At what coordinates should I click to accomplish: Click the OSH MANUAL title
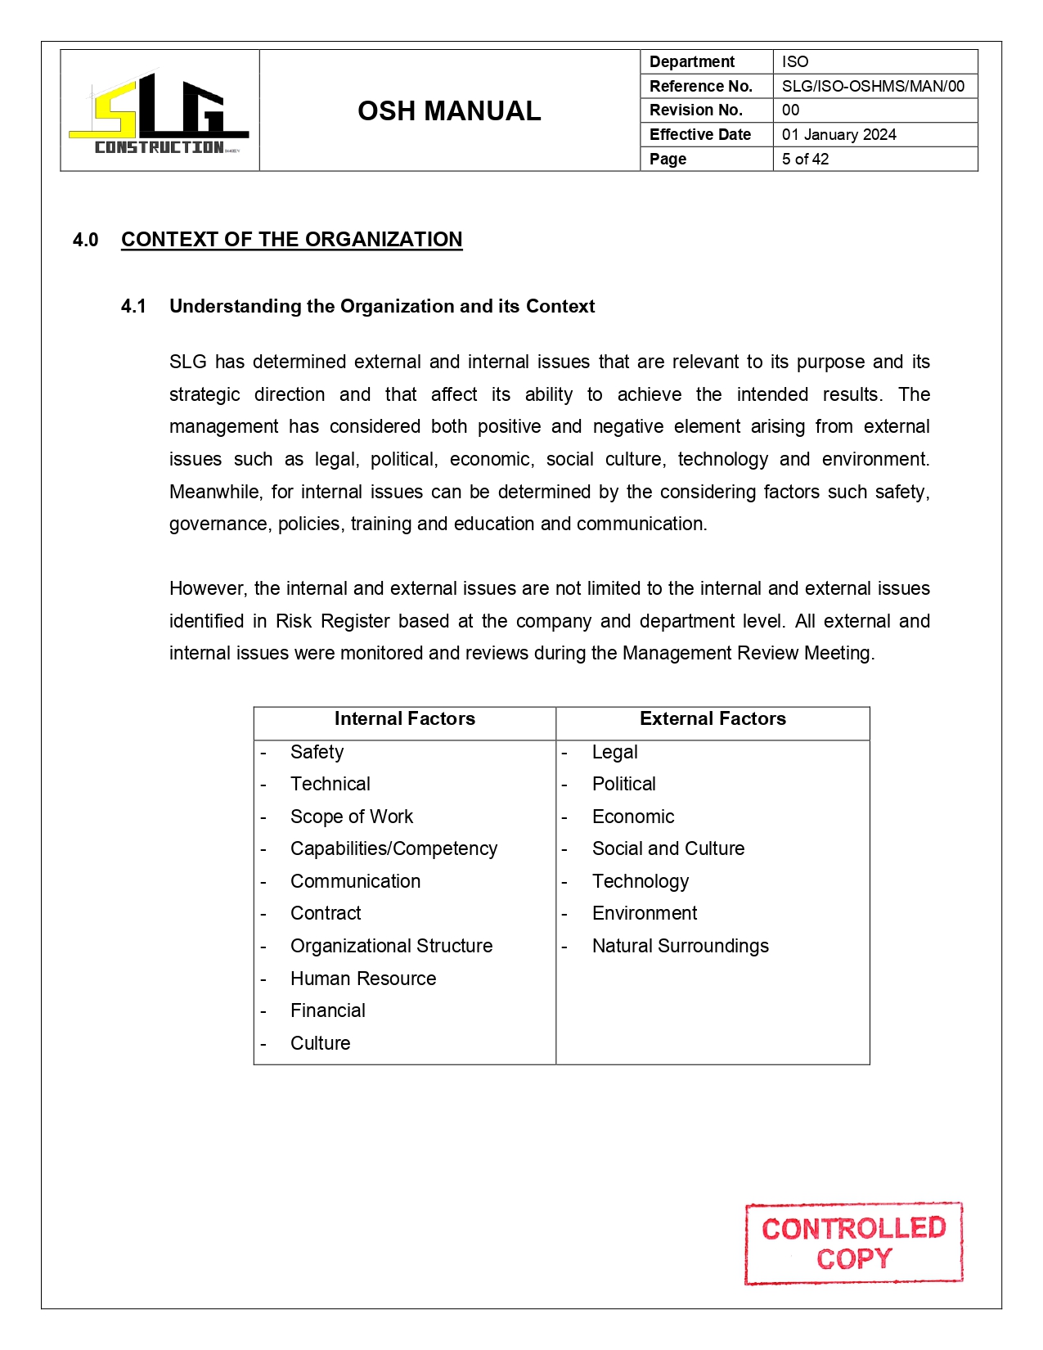(449, 111)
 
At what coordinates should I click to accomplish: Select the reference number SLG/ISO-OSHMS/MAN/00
(872, 86)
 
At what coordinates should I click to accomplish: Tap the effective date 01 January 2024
(838, 135)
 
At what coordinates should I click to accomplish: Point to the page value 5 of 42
(805, 160)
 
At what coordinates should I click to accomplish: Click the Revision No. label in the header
(695, 110)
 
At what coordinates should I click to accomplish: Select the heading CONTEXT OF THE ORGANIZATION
(291, 240)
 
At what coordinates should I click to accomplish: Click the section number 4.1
(133, 307)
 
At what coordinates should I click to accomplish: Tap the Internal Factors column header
(404, 719)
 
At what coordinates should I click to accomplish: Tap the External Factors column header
(712, 719)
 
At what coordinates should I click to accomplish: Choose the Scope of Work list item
(351, 817)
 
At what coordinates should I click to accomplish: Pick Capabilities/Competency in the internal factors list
(393, 849)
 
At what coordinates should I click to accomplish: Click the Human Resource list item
(362, 979)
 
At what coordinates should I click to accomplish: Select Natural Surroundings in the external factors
(680, 947)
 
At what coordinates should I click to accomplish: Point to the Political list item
(623, 785)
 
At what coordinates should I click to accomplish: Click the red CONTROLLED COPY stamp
(853, 1243)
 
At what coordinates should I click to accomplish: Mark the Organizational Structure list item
(391, 947)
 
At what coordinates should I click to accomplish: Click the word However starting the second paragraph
(207, 589)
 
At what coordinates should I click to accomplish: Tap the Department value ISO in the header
(794, 62)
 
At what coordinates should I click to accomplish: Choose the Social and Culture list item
(668, 849)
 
